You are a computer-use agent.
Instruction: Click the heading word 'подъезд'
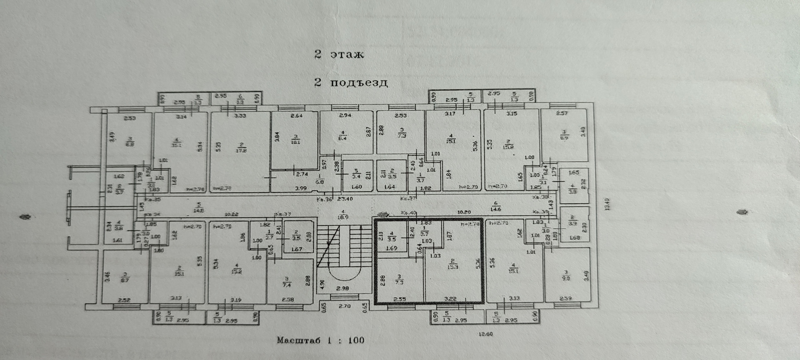click(359, 82)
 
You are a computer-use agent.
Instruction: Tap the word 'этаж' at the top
click(347, 55)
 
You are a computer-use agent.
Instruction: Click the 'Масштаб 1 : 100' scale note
click(320, 340)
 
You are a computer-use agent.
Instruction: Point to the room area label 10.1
click(296, 142)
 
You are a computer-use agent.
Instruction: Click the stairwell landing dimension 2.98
click(342, 288)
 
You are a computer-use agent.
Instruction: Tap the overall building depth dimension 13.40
click(607, 204)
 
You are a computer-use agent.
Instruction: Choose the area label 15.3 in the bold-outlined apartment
click(452, 266)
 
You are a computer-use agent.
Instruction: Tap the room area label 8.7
click(125, 280)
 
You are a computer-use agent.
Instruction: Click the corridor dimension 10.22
click(232, 215)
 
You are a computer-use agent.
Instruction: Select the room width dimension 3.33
click(240, 115)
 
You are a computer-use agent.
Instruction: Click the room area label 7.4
click(287, 285)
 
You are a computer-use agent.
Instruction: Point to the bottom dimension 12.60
click(486, 333)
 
